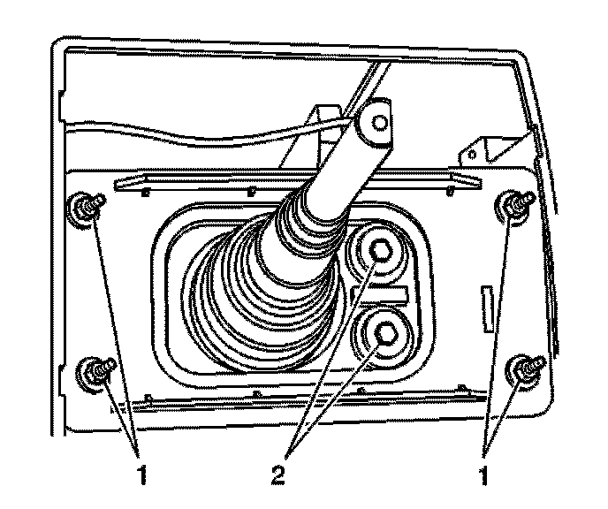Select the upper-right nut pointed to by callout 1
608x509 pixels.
(512, 206)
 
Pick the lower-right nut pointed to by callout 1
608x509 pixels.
(526, 368)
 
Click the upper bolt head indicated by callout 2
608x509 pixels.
(380, 252)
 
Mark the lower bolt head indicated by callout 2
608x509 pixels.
(385, 332)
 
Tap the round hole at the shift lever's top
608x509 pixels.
(378, 122)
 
